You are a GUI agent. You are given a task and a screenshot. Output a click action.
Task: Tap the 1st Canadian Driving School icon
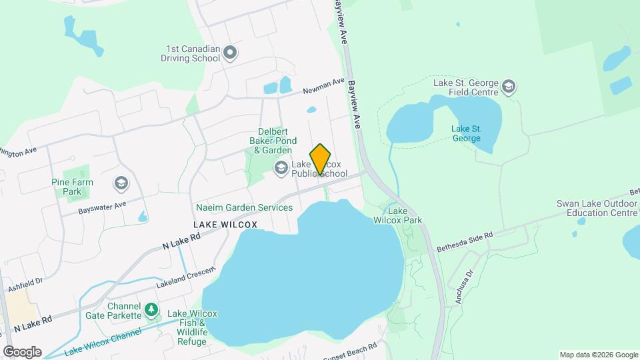point(230,52)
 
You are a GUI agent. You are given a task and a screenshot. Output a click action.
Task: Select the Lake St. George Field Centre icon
point(509,87)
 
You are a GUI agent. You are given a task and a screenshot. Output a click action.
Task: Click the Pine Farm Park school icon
point(121,183)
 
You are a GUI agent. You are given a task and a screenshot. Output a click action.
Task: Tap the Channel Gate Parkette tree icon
point(152,309)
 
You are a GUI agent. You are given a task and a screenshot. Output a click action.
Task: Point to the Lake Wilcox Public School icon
point(281,167)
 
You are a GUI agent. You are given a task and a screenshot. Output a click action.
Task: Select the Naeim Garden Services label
point(244,207)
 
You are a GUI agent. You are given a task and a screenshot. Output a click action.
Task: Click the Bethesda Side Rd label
point(465,242)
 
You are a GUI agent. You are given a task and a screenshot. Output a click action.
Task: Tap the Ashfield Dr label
point(23,285)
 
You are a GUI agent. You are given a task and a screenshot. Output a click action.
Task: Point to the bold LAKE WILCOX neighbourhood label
point(225,225)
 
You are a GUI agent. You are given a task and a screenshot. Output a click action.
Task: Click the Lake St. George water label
point(466,133)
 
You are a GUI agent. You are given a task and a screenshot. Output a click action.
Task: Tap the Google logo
point(22,352)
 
